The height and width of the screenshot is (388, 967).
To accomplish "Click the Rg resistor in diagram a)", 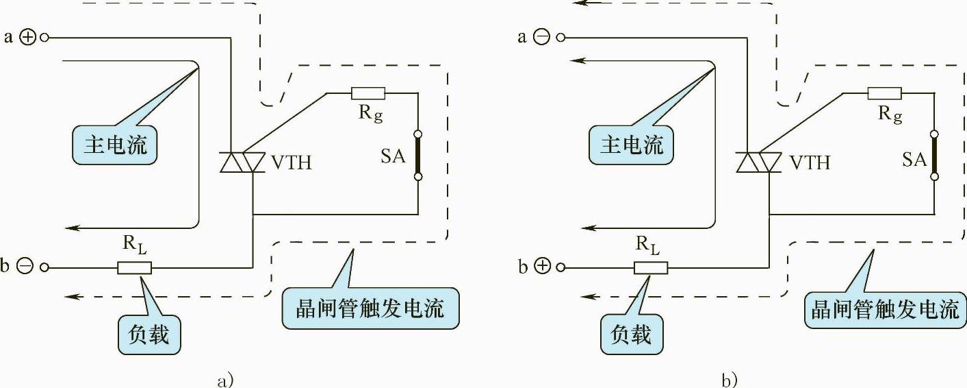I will tap(368, 93).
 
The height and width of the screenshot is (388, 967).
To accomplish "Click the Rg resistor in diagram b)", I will tap(884, 93).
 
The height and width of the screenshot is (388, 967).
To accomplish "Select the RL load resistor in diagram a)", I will tap(134, 267).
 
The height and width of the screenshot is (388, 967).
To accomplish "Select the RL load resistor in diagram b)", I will tap(651, 267).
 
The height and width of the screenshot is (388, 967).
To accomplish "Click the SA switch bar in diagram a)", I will tap(418, 156).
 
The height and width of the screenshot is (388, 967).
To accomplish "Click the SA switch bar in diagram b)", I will tap(935, 156).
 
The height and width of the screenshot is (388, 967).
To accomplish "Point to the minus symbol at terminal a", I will tap(541, 38).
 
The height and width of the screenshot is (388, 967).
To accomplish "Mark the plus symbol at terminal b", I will tap(541, 267).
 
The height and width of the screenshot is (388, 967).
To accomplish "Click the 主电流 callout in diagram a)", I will tap(115, 145).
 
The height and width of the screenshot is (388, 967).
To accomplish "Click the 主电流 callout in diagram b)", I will tap(632, 145).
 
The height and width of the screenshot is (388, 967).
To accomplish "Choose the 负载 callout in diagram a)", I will tap(149, 335).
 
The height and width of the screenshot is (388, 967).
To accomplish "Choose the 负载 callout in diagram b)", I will tap(636, 335).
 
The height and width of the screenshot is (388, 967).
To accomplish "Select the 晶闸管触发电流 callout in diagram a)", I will tap(370, 308).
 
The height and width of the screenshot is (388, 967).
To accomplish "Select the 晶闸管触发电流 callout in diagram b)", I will tap(886, 309).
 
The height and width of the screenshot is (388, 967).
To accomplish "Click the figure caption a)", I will tap(225, 380).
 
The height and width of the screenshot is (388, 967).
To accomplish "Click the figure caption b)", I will tap(730, 380).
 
